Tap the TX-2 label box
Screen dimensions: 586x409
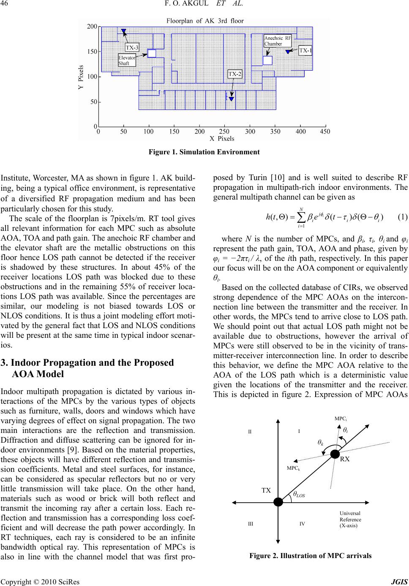click(x=235, y=74)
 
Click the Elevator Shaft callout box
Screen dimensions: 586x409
click(x=127, y=60)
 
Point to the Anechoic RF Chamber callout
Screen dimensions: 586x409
click(x=277, y=41)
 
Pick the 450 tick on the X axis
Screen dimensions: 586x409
click(x=325, y=132)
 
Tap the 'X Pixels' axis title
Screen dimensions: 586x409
click(x=222, y=138)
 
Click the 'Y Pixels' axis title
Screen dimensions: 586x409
click(x=81, y=77)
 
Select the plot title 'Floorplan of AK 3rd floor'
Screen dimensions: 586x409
click(x=205, y=20)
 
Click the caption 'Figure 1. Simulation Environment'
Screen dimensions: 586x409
click(x=204, y=152)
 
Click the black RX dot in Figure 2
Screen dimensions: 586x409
click(x=335, y=454)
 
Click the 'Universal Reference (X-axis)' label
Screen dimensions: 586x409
click(x=350, y=519)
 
